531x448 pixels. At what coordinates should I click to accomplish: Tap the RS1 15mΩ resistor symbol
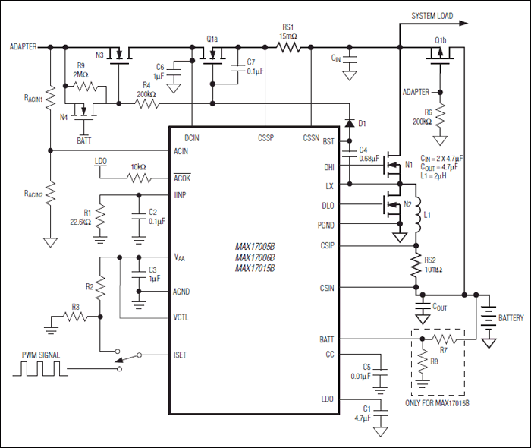289,47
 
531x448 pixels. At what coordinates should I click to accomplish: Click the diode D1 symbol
349,123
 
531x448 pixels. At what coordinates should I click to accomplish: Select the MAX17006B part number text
255,257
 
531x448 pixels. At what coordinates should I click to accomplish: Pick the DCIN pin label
193,138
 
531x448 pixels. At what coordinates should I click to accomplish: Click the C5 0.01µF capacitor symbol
381,374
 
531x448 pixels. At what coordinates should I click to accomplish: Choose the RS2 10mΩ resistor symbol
416,267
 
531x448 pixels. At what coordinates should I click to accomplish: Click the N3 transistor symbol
118,55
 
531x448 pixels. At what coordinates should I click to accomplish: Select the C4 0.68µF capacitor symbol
350,155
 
